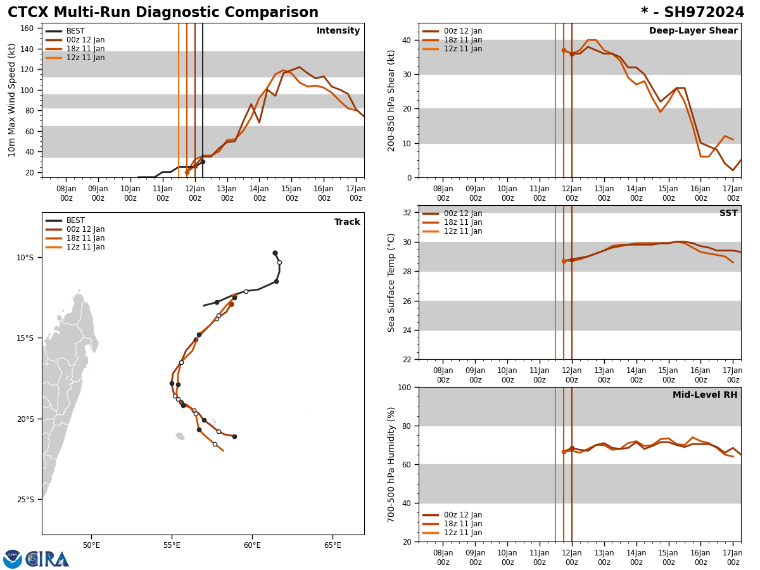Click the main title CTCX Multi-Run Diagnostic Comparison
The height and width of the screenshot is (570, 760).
[x=163, y=13]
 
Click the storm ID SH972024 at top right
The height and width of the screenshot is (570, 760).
[x=692, y=13]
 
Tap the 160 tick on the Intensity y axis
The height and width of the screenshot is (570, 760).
[x=27, y=28]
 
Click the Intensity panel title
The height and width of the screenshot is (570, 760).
[x=338, y=31]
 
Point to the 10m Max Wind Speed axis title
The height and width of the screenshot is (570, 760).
[x=12, y=100]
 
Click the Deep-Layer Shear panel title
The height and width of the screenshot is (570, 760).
[x=693, y=31]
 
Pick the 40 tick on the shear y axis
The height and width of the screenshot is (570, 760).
[x=405, y=40]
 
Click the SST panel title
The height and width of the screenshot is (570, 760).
[x=728, y=213]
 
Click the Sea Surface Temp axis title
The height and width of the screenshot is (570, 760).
[x=391, y=282]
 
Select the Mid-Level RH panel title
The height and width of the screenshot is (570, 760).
[x=705, y=395]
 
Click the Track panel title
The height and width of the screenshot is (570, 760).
[x=347, y=222]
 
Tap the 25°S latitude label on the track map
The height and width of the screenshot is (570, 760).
[x=25, y=499]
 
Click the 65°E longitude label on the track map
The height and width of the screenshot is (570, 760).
[x=332, y=545]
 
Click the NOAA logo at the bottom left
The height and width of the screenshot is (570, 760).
[x=13, y=559]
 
